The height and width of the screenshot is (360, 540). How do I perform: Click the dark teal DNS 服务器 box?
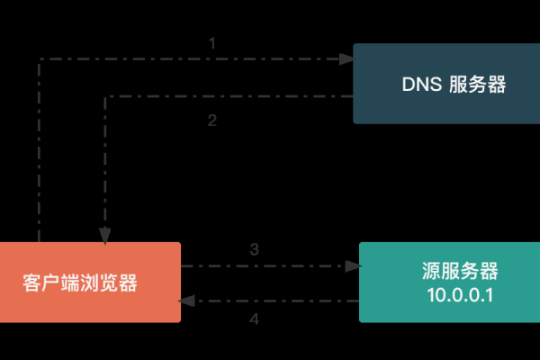[x=441, y=84]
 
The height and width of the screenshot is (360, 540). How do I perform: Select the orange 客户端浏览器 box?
[x=90, y=282]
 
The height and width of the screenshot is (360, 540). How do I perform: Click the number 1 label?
[x=212, y=43]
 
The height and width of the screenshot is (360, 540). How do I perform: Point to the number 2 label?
[x=212, y=121]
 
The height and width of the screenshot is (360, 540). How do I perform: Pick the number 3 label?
[x=255, y=249]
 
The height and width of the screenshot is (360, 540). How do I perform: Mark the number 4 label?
[x=254, y=319]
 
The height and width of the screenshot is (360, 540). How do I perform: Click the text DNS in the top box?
[x=419, y=85]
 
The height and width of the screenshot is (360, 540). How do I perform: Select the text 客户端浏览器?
[x=80, y=283]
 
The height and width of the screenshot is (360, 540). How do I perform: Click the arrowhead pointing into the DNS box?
[x=346, y=59]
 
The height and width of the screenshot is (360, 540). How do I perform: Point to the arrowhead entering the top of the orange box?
[x=105, y=237]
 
